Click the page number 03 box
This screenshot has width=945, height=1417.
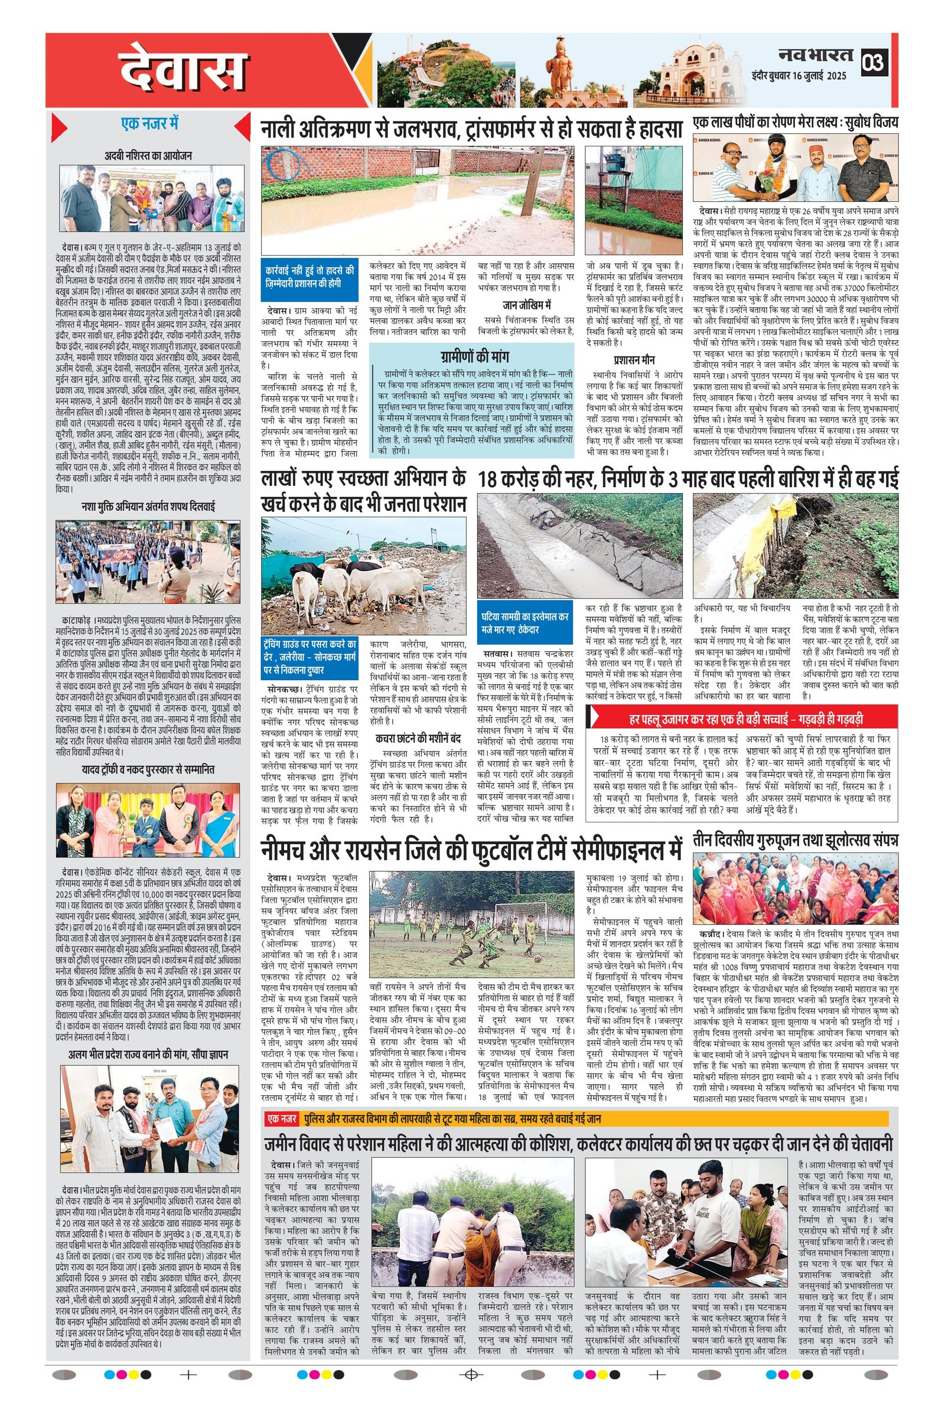pos(875,62)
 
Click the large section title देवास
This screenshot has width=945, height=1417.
pos(184,71)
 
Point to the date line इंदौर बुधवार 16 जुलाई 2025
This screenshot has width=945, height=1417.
pos(799,76)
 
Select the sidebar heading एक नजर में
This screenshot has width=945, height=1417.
pos(149,124)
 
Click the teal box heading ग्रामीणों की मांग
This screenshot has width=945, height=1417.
pos(472,354)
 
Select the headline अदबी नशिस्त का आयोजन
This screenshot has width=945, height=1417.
pos(148,156)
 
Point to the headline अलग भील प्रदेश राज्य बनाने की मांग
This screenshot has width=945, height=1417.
pos(147,1055)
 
